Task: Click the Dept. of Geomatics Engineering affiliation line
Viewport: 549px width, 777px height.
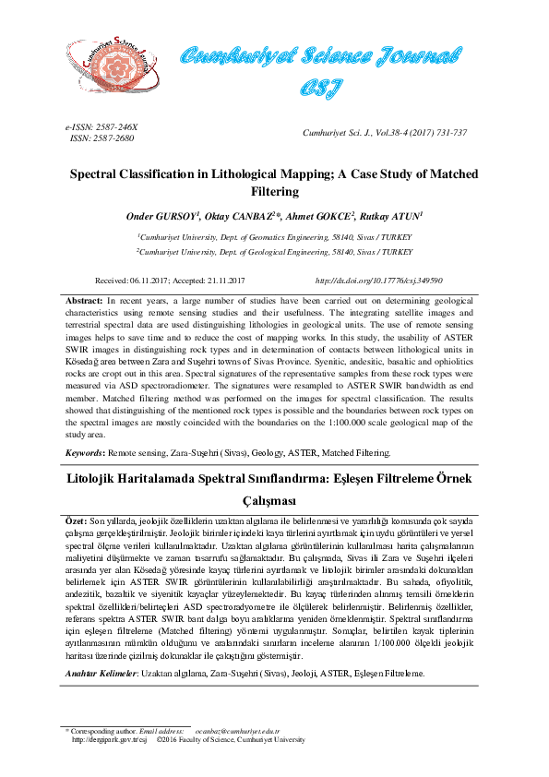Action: coord(274,237)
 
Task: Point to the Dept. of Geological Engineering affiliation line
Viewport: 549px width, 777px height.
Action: coord(274,251)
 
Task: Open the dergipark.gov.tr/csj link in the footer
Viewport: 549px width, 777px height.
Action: coord(109,740)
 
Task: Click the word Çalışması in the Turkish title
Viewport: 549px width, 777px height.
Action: coord(274,501)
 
